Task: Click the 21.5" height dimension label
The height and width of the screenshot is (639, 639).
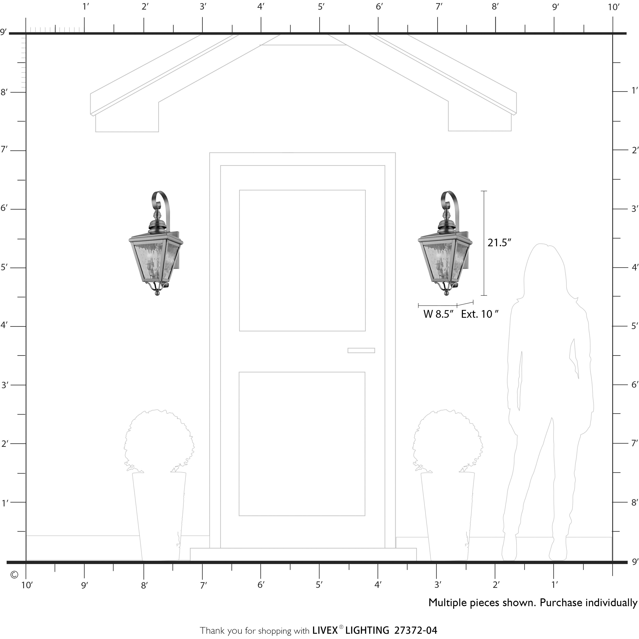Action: coord(499,243)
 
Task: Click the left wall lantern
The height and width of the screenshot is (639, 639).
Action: coord(156,243)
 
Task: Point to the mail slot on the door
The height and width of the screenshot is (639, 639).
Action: coord(361,351)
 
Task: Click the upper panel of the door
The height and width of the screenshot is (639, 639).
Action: coord(302,261)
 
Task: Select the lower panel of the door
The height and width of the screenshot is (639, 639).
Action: coord(302,444)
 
